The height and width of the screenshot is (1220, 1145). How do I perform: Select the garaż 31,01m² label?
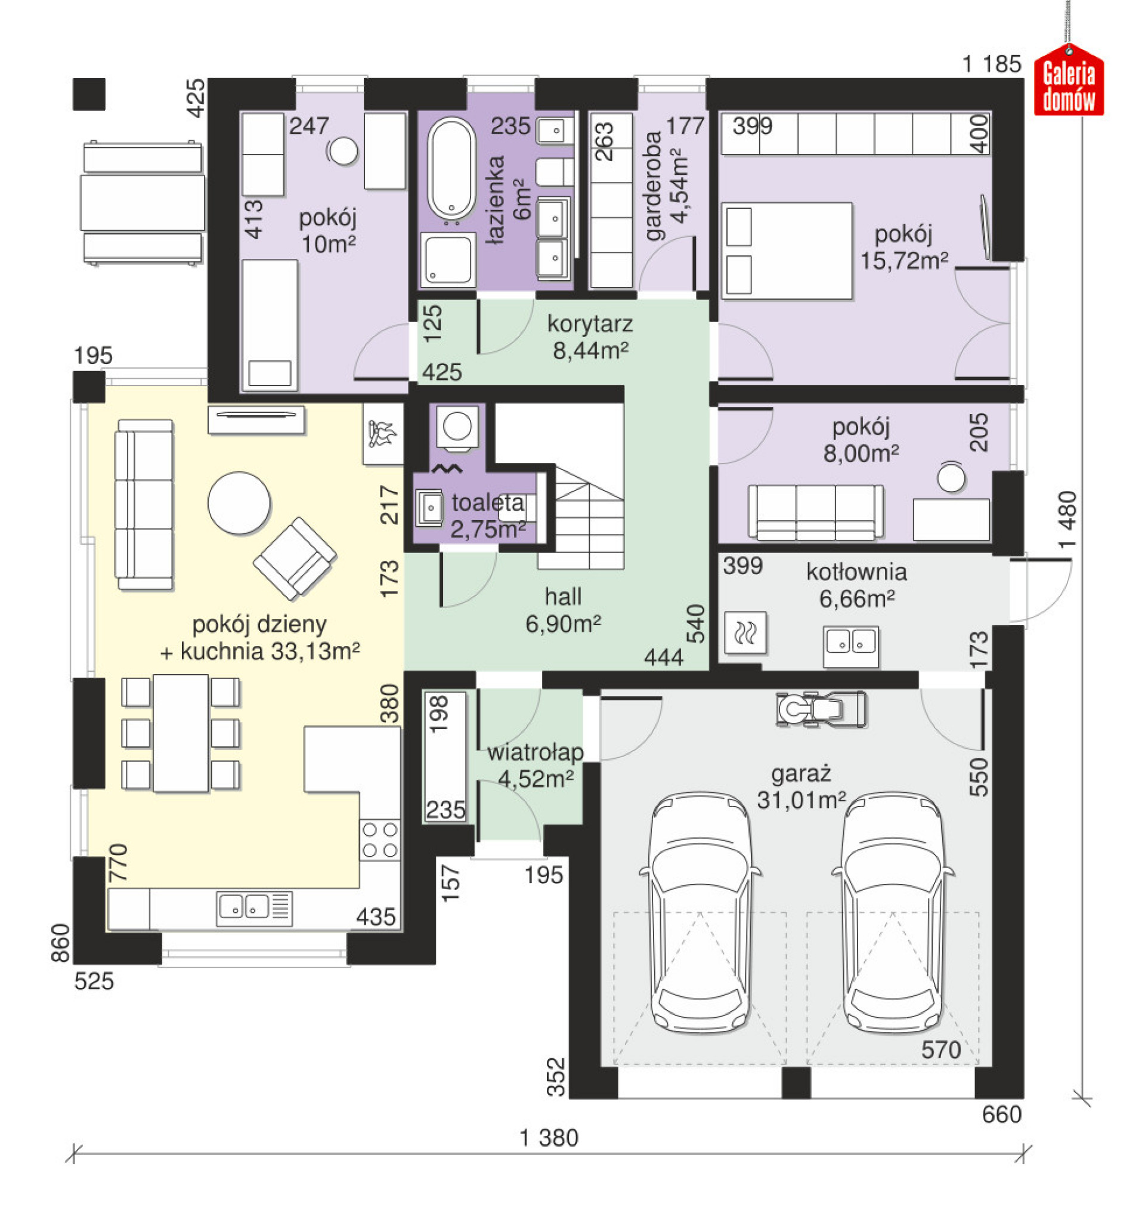click(x=801, y=787)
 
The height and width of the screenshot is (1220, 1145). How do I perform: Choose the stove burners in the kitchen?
click(x=380, y=839)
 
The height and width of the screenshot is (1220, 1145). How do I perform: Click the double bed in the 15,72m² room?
click(x=787, y=251)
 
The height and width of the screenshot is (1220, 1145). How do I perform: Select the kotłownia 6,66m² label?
click(x=856, y=585)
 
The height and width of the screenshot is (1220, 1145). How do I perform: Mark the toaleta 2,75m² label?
click(x=488, y=516)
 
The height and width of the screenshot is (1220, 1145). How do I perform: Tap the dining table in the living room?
click(x=181, y=733)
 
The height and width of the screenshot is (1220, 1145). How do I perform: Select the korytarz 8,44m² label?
click(x=590, y=337)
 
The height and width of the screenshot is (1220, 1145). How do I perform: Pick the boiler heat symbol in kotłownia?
click(x=745, y=632)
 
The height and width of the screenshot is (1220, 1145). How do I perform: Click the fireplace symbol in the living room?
click(x=382, y=434)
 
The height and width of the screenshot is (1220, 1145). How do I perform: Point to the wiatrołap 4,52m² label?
click(x=535, y=765)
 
